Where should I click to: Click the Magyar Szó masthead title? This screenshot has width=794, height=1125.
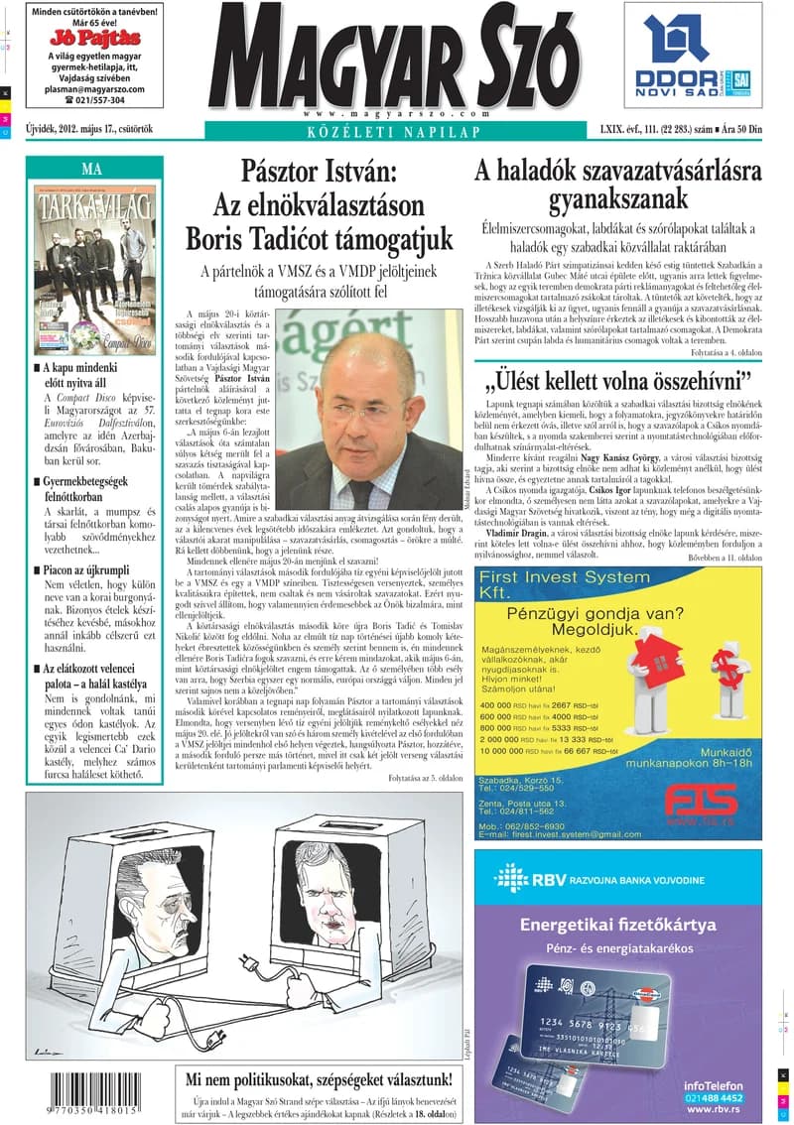click(x=394, y=60)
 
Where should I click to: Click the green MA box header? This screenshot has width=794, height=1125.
click(x=92, y=169)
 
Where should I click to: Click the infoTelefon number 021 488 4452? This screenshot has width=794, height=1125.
click(x=713, y=1097)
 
